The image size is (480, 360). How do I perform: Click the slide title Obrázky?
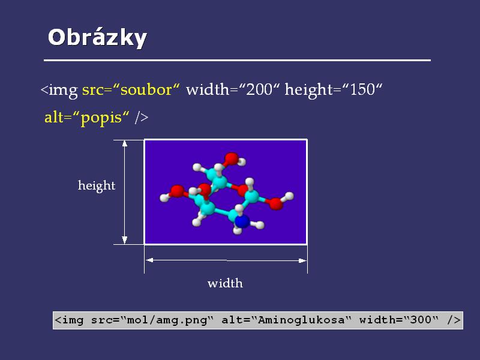97,38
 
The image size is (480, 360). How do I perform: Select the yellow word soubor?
146,89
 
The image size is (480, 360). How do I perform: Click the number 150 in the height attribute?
362,89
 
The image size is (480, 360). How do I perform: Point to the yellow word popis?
101,118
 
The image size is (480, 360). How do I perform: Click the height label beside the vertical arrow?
97,185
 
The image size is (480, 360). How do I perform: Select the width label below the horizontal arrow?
226,283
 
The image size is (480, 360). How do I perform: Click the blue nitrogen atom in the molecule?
242,221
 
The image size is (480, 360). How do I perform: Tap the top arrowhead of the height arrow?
125,143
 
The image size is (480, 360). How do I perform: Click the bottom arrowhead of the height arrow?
125,240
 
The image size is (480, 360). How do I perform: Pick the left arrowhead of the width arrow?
149,260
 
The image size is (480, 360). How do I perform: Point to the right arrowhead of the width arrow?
302,260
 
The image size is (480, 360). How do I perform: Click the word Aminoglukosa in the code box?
301,320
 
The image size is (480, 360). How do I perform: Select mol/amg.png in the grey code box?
167,320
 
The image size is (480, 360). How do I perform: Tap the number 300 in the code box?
421,320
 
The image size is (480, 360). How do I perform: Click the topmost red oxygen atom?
231,159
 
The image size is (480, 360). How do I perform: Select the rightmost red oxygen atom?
277,203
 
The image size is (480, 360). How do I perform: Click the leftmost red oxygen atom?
177,191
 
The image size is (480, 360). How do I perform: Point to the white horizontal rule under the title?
237,61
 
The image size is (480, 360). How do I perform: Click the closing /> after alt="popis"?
142,117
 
